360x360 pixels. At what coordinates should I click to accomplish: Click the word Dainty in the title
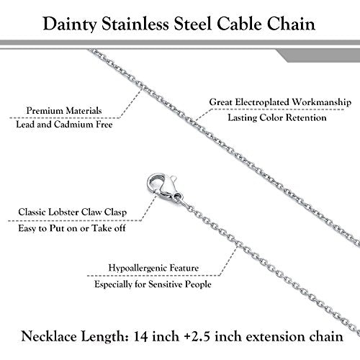click(70, 24)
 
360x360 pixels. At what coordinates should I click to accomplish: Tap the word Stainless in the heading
click(135, 24)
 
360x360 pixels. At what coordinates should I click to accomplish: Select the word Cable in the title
click(239, 24)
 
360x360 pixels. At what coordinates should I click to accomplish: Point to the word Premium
click(45, 111)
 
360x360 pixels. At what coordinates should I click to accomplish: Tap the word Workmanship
click(322, 102)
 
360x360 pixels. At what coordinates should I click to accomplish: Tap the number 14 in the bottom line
click(140, 336)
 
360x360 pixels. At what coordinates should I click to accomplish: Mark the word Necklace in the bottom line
click(49, 336)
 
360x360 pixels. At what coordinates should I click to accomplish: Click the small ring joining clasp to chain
click(178, 197)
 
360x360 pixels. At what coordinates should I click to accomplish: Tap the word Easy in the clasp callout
click(27, 228)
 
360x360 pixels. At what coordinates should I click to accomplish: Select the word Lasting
click(242, 117)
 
